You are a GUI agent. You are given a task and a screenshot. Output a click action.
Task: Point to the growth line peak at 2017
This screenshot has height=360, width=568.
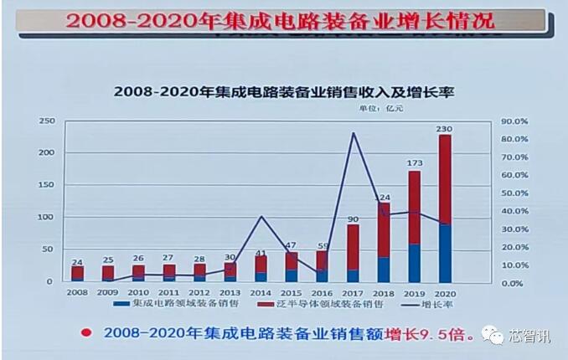click(353, 133)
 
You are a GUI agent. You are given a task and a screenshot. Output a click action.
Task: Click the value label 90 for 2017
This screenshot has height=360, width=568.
click(353, 219)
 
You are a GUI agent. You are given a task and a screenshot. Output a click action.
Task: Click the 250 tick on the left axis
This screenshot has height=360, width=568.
click(47, 121)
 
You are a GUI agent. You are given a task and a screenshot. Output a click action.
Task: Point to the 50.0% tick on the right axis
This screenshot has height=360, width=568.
click(514, 193)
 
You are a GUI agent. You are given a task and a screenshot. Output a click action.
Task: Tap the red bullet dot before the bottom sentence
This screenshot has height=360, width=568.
click(85, 333)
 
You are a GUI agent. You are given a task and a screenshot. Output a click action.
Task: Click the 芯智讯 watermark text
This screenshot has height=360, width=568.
click(531, 336)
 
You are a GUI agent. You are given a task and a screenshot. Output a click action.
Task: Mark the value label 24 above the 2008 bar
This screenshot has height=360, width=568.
click(77, 262)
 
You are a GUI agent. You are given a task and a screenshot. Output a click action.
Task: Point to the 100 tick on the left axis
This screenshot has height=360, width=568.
click(47, 217)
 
